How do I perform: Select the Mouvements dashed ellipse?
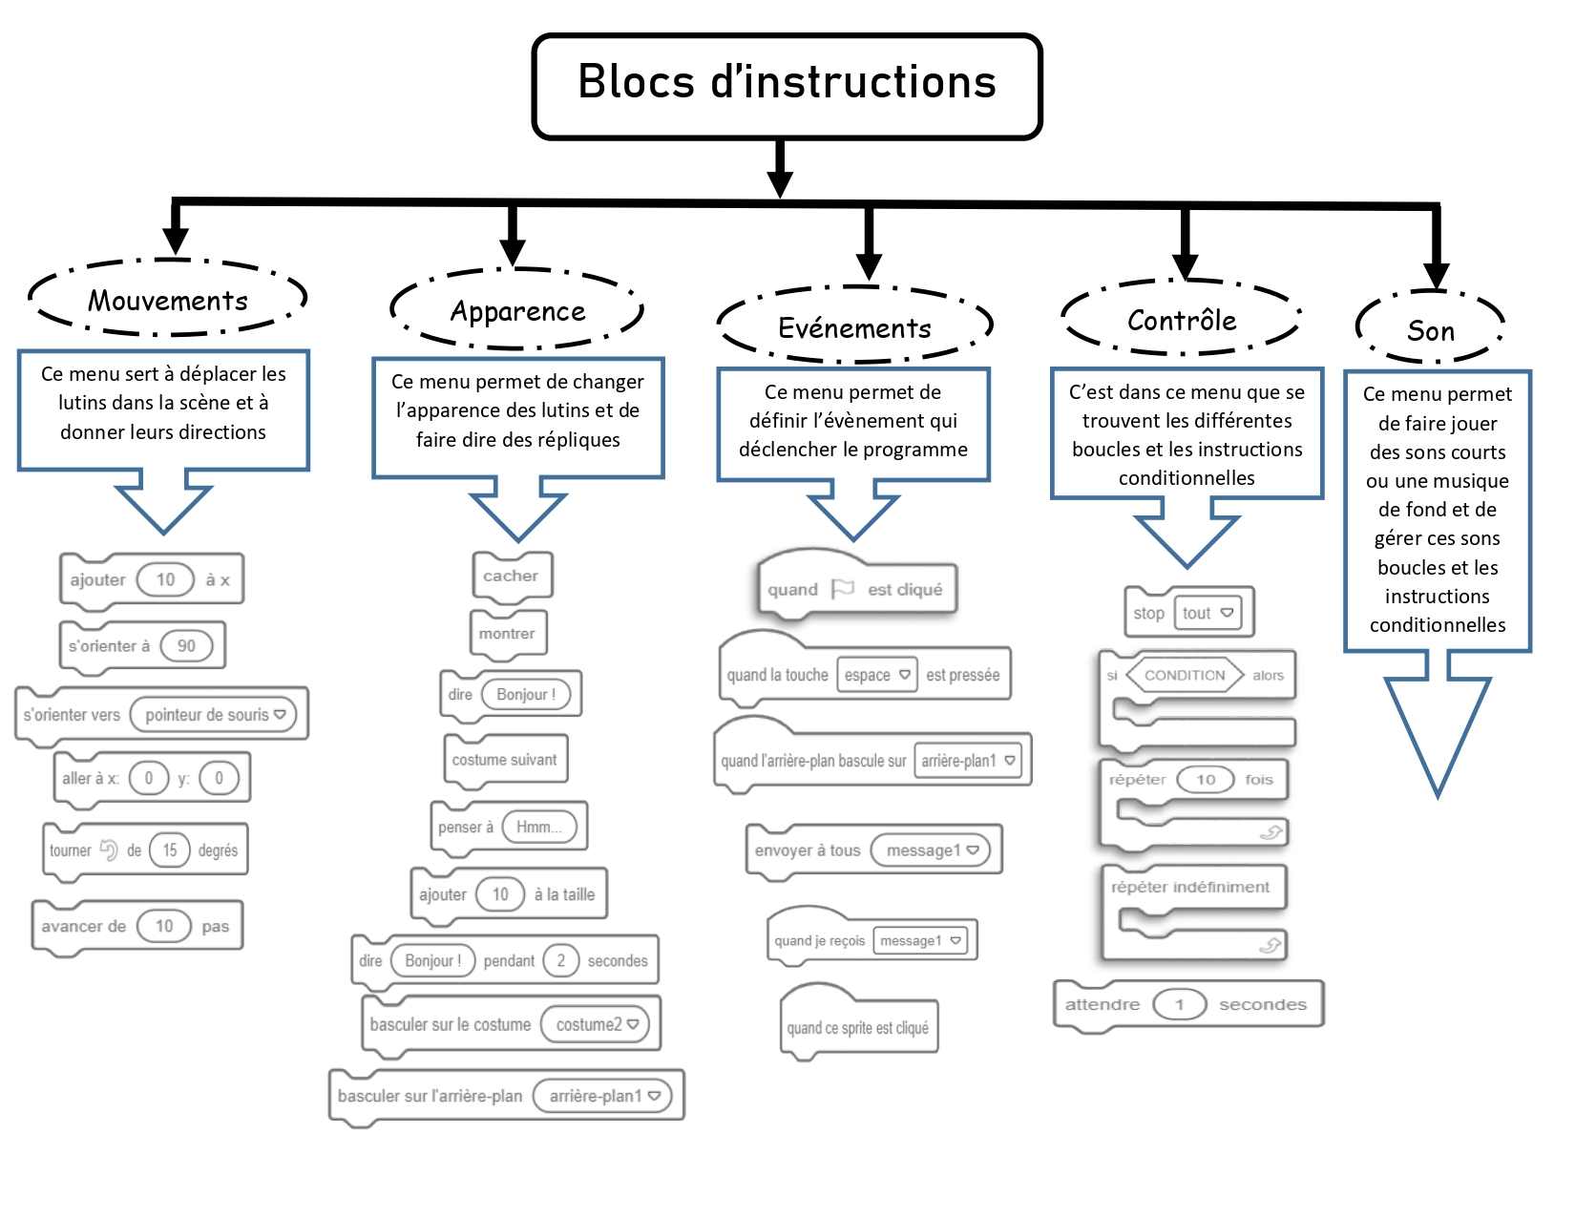pyautogui.click(x=168, y=300)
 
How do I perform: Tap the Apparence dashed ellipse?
pyautogui.click(x=517, y=311)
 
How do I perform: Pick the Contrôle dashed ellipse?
pyautogui.click(x=1182, y=320)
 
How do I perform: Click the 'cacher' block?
pyautogui.click(x=512, y=576)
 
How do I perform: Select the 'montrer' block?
pyautogui.click(x=508, y=634)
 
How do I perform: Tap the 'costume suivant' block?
pyautogui.click(x=505, y=760)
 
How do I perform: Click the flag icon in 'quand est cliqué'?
pyautogui.click(x=842, y=589)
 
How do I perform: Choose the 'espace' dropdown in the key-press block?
pyautogui.click(x=876, y=675)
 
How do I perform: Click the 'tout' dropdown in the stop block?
pyautogui.click(x=1207, y=613)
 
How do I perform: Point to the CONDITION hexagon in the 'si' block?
pyautogui.click(x=1185, y=675)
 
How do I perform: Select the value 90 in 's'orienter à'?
pyautogui.click(x=186, y=646)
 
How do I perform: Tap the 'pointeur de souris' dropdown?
pyautogui.click(x=214, y=714)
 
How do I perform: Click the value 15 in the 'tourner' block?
pyautogui.click(x=170, y=850)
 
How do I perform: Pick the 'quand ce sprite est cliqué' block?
pyautogui.click(x=857, y=1027)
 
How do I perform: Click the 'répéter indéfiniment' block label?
pyautogui.click(x=1190, y=887)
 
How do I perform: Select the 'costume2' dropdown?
pyautogui.click(x=596, y=1024)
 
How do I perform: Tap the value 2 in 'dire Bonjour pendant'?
pyautogui.click(x=561, y=960)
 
